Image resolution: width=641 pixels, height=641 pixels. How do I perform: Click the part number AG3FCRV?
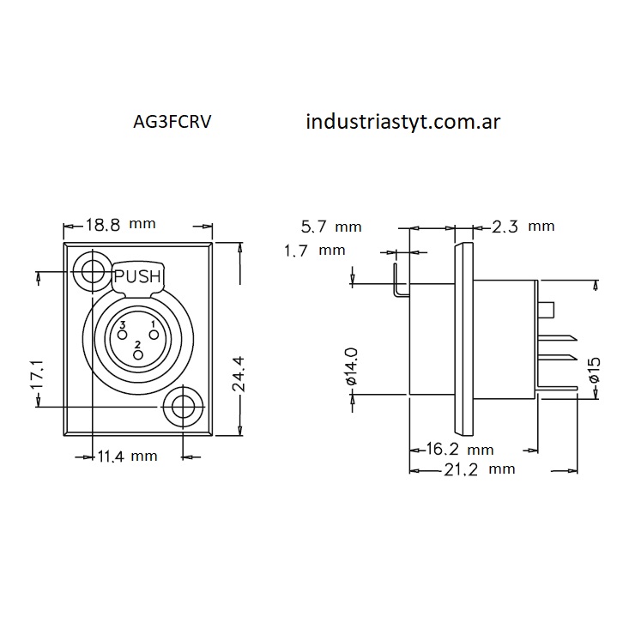(x=172, y=122)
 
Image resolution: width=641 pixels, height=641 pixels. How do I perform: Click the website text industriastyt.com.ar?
(x=402, y=121)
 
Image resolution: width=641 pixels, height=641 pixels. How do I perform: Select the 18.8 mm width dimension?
(x=120, y=226)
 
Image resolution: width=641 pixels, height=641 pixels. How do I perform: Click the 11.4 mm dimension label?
(x=126, y=456)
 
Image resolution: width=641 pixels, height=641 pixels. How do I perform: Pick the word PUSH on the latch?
(x=137, y=276)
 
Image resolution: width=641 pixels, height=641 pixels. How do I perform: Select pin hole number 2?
(x=136, y=354)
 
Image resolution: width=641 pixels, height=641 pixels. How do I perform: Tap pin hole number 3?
(x=121, y=335)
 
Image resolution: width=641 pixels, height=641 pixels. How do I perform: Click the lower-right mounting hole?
(x=184, y=406)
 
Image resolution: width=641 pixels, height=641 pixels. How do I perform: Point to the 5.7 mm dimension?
(x=331, y=227)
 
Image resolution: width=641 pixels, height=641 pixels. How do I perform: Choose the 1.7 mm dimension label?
(x=314, y=251)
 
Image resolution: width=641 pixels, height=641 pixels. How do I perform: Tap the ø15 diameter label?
(x=593, y=370)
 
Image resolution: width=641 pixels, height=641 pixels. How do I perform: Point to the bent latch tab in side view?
(x=397, y=286)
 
